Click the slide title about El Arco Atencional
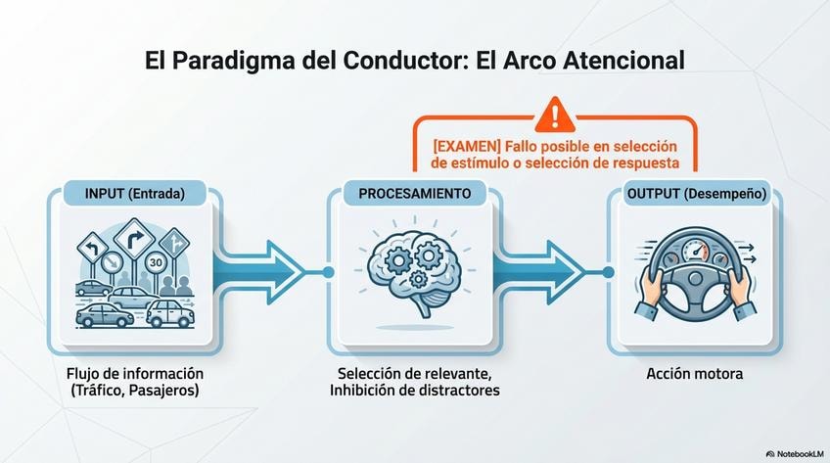(414, 60)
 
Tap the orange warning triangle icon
(556, 114)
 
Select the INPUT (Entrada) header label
(135, 194)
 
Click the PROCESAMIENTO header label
(414, 194)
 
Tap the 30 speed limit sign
(156, 262)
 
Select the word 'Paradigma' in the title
(226, 60)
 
